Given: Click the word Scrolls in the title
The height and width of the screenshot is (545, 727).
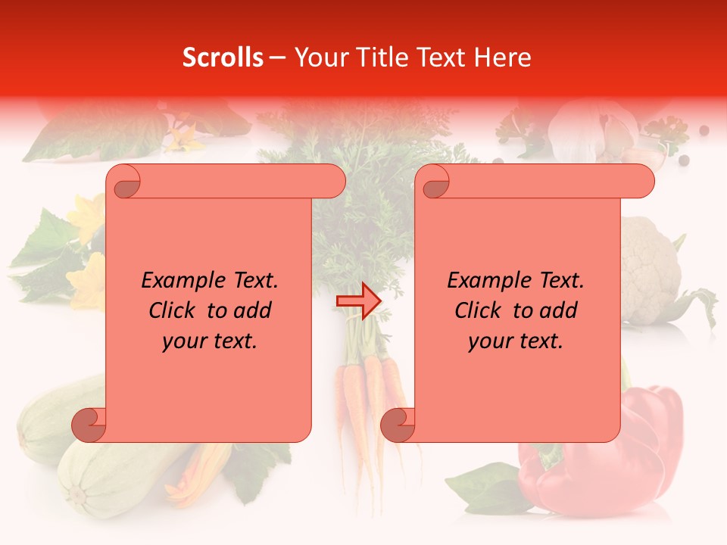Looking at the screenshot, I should (223, 58).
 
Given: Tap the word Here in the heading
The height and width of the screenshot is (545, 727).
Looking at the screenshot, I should (503, 58).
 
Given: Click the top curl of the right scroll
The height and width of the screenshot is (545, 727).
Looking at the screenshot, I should (435, 182).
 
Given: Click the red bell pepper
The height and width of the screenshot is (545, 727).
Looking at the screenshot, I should (651, 447).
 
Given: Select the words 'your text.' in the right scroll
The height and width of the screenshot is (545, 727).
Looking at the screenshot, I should (516, 341).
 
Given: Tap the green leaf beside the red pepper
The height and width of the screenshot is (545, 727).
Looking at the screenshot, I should (485, 484).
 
